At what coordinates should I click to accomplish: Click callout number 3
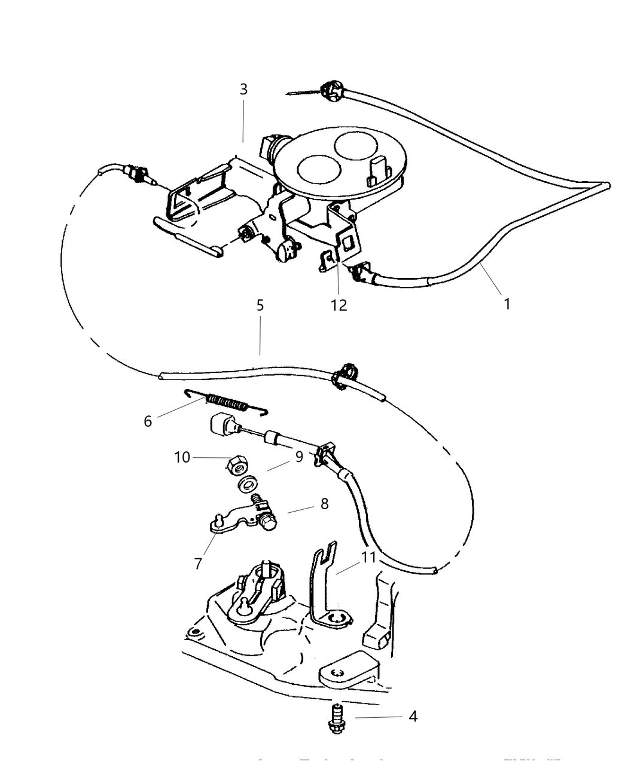[243, 89]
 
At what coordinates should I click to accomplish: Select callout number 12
[339, 305]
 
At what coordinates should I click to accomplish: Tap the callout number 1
[507, 304]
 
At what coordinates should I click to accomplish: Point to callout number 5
[260, 305]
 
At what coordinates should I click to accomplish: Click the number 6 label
[148, 421]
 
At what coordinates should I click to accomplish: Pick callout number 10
[182, 457]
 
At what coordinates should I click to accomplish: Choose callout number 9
[299, 457]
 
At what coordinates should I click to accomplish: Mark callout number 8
[324, 503]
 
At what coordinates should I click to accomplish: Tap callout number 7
[198, 562]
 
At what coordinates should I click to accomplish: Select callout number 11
[368, 557]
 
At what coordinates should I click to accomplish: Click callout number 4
[413, 716]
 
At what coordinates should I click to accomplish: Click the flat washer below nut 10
[246, 483]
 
